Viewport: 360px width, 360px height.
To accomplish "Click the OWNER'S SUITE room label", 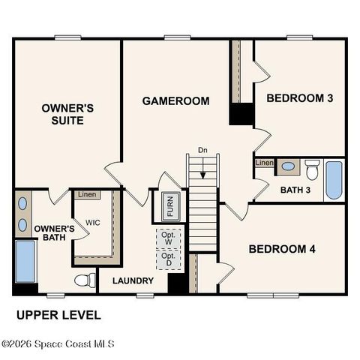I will tap(67, 113).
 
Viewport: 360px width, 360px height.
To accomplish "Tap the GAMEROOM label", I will tap(176, 100).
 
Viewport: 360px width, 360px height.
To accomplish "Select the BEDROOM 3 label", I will tap(300, 98).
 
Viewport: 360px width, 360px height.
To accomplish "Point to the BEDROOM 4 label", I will tap(282, 249).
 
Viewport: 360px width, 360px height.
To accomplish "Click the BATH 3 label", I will tap(295, 190).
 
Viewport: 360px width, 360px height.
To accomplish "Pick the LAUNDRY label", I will tap(133, 281).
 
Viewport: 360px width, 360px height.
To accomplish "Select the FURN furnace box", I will tap(169, 206).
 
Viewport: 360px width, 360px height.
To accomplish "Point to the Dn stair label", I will tap(202, 150).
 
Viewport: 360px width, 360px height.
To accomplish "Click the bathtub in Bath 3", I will tap(334, 181).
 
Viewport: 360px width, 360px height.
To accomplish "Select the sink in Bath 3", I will tap(288, 166).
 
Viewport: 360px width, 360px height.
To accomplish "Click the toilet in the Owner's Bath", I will tap(84, 280).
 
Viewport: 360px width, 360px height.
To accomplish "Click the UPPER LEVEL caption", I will tap(58, 315).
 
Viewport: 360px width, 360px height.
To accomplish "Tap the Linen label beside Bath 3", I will tap(264, 163).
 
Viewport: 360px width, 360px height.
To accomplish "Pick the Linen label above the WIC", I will tap(87, 195).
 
